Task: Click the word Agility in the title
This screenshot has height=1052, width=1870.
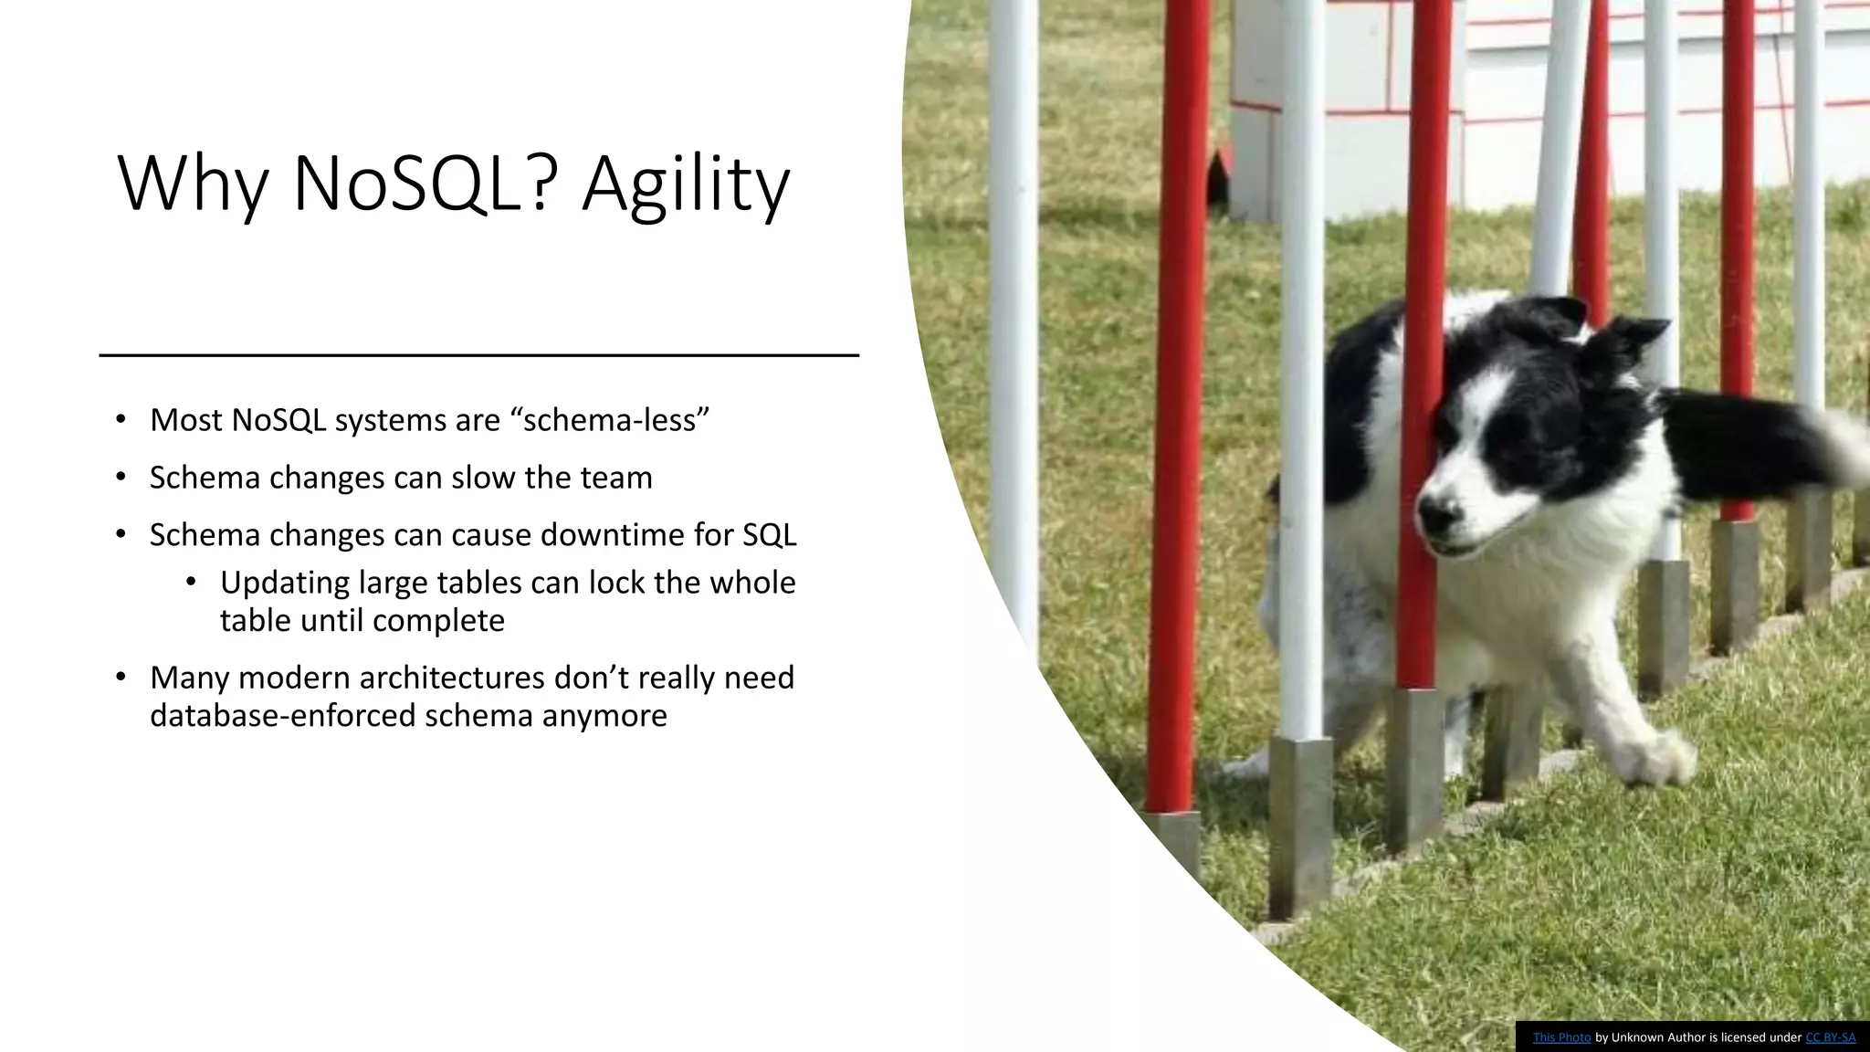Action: click(686, 185)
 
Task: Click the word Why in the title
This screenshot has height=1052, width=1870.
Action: click(194, 185)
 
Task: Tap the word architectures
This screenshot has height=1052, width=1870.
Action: click(453, 678)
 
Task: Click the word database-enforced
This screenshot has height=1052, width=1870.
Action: click(283, 715)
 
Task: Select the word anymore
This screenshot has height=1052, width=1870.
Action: click(604, 715)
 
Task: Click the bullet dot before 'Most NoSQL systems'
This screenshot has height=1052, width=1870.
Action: click(121, 420)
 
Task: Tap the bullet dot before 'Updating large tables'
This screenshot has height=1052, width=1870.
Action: click(190, 583)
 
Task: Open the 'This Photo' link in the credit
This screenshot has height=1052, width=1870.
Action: click(1561, 1037)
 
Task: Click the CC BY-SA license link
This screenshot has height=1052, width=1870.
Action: click(1830, 1037)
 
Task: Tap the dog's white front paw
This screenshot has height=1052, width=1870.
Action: click(1669, 757)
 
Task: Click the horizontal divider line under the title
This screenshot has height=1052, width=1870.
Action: click(478, 354)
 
